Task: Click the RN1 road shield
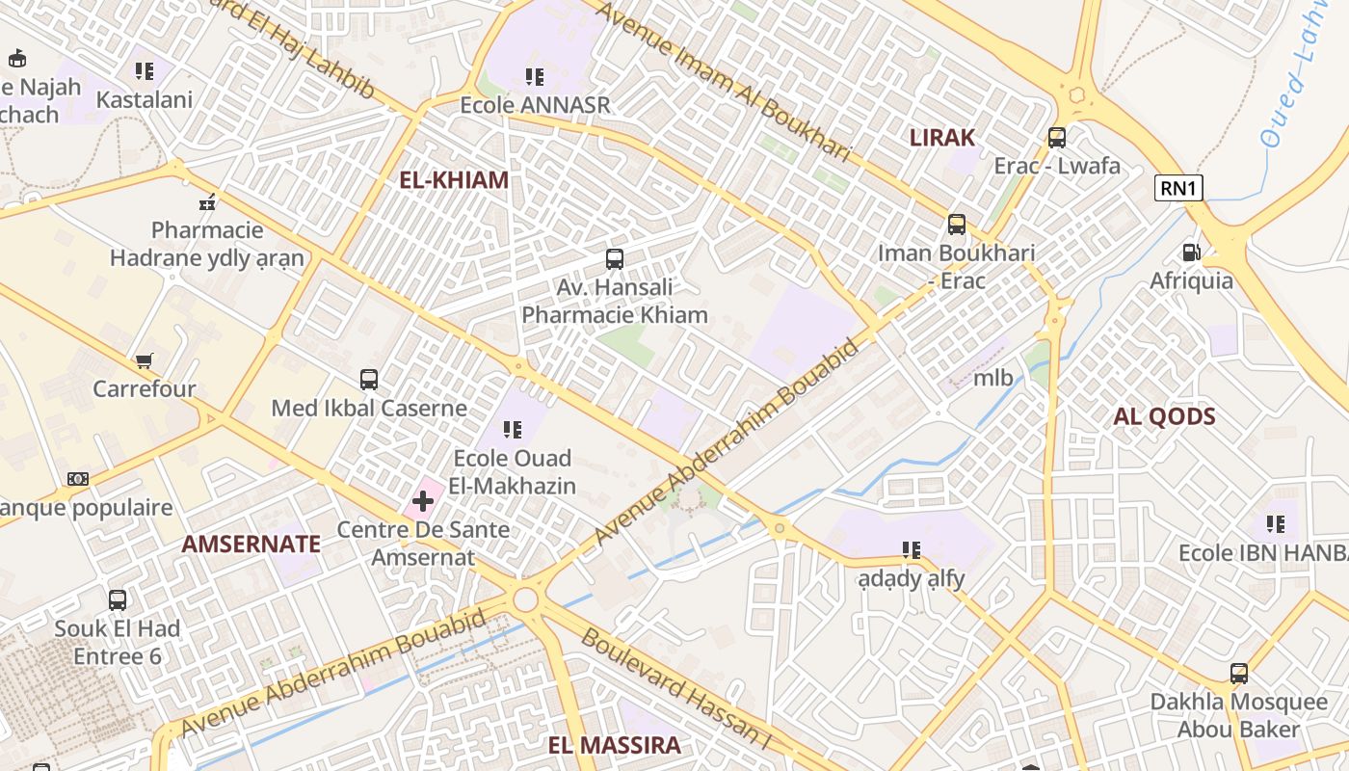[x=1179, y=188]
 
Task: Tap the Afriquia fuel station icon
[x=1192, y=253]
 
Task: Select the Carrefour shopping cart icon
[x=145, y=361]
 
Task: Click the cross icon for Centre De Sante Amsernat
[x=422, y=501]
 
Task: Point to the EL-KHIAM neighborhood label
[x=454, y=180]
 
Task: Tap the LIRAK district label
[x=942, y=137]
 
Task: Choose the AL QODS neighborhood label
[x=1164, y=416]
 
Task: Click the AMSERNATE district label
[x=251, y=544]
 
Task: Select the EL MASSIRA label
[x=614, y=745]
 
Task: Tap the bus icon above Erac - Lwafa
[x=1057, y=138]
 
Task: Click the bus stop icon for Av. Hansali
[x=615, y=259]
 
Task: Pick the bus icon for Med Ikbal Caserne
[x=369, y=380]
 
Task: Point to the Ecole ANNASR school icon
[x=535, y=76]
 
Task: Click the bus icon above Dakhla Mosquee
[x=1239, y=674]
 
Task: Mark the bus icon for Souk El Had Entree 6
[x=118, y=600]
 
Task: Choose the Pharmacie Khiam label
[x=615, y=315]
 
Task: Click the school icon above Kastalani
[x=145, y=71]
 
